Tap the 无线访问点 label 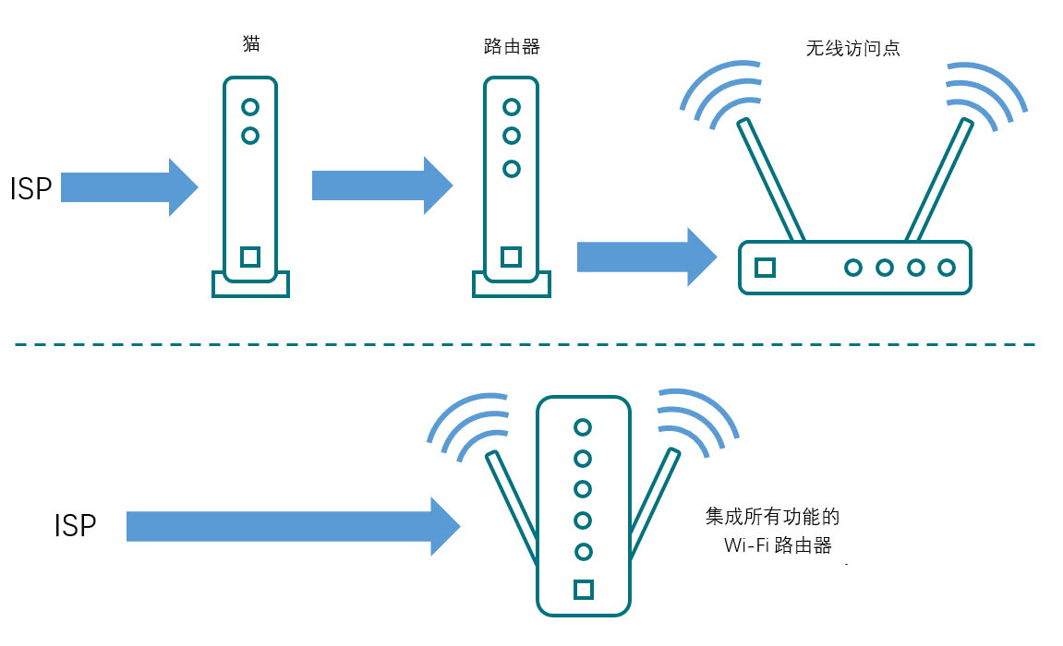click(852, 49)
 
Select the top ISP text click(30, 188)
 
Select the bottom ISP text click(76, 526)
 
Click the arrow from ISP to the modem click(129, 186)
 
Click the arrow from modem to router click(381, 185)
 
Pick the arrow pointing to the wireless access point click(646, 257)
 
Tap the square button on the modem click(249, 257)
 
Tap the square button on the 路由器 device click(511, 257)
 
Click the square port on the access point click(765, 268)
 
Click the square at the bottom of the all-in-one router click(583, 589)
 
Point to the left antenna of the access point click(768, 179)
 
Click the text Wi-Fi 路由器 click(778, 545)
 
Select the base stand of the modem click(250, 285)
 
